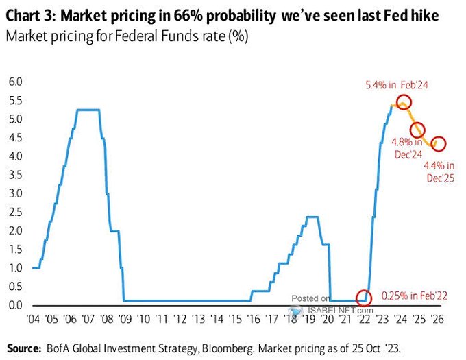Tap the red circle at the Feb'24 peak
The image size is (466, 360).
click(404, 102)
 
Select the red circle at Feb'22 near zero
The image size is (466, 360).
click(364, 298)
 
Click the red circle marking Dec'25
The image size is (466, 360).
click(439, 144)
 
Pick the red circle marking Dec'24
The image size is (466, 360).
click(417, 130)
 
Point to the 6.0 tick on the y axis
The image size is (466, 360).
click(15, 82)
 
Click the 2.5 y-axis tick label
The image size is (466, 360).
click(15, 212)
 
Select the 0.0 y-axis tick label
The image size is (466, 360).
click(15, 305)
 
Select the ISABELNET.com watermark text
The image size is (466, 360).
click(330, 310)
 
